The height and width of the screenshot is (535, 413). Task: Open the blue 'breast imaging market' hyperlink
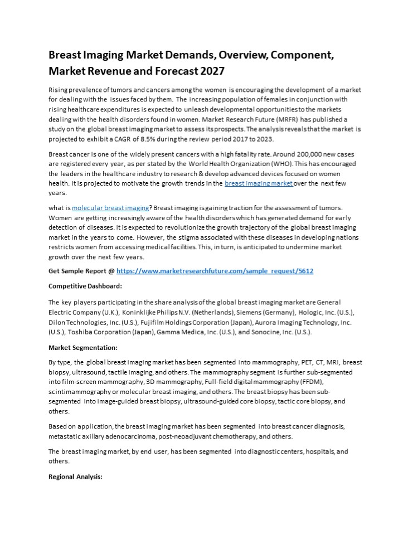(259, 183)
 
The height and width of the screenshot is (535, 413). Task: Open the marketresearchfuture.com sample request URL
(215, 271)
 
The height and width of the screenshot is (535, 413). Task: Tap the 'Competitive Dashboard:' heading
(85, 286)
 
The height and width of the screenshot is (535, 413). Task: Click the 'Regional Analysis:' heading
(75, 476)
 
